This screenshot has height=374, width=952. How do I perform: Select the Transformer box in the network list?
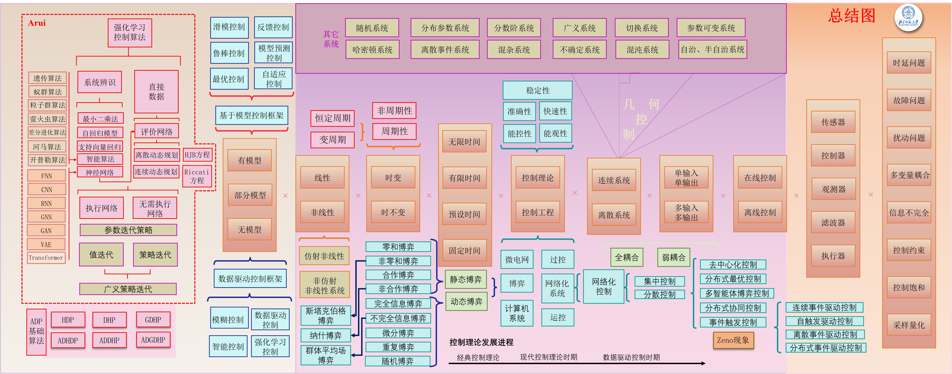point(46,258)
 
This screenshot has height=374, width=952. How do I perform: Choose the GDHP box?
point(153,320)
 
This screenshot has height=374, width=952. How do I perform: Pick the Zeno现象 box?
point(733,340)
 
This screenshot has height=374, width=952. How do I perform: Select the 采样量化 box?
point(909,325)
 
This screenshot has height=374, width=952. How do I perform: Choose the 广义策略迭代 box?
point(128,289)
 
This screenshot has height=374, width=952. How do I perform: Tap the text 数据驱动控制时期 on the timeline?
point(631,357)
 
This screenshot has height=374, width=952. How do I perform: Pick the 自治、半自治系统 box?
point(712,50)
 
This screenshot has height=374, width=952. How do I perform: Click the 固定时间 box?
point(465,251)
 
